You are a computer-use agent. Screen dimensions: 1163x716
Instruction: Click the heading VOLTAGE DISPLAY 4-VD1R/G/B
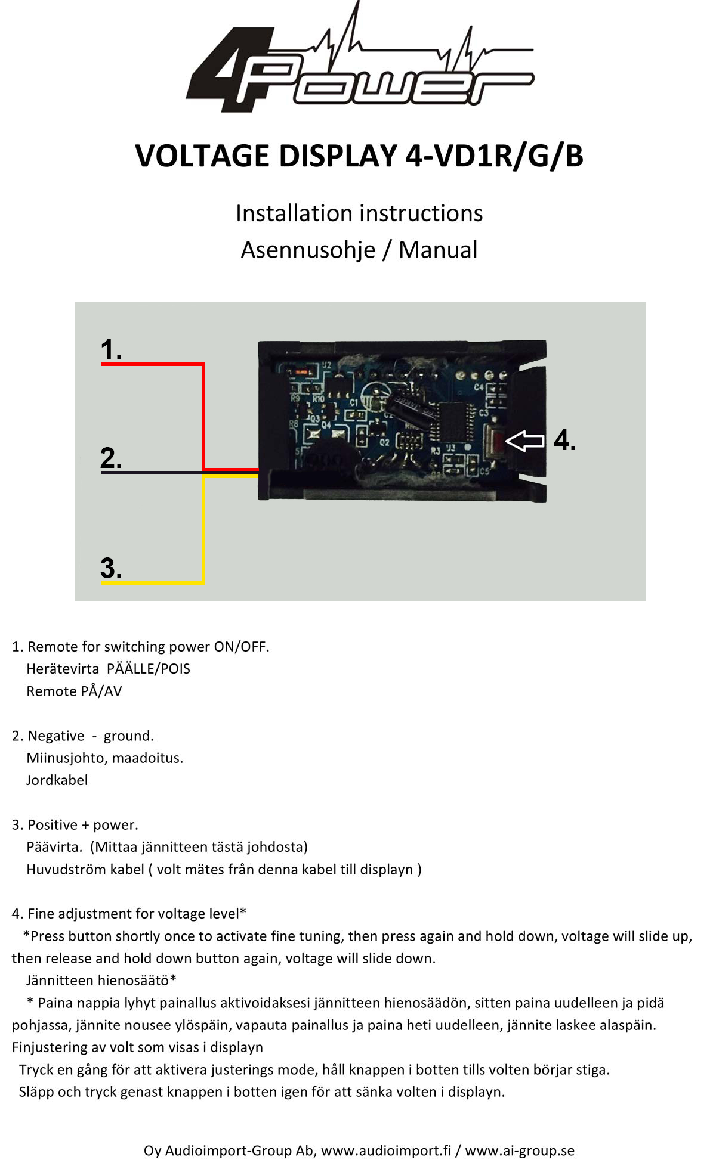point(359,156)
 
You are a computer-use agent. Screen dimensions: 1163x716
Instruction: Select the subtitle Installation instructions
point(359,213)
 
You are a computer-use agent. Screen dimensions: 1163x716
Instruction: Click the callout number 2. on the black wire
point(111,458)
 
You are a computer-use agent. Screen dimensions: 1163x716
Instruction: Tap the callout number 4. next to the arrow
point(564,441)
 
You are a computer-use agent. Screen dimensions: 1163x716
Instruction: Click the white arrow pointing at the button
point(524,441)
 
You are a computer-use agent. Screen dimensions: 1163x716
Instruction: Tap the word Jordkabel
point(57,780)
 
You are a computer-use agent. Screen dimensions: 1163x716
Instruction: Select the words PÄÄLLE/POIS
point(148,669)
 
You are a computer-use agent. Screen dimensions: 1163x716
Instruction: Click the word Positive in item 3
point(53,825)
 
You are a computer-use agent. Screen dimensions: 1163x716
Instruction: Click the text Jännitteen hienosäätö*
point(101,981)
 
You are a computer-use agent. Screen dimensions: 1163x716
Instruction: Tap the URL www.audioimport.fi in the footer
point(386,1150)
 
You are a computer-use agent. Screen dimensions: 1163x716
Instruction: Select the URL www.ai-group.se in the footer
point(519,1150)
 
